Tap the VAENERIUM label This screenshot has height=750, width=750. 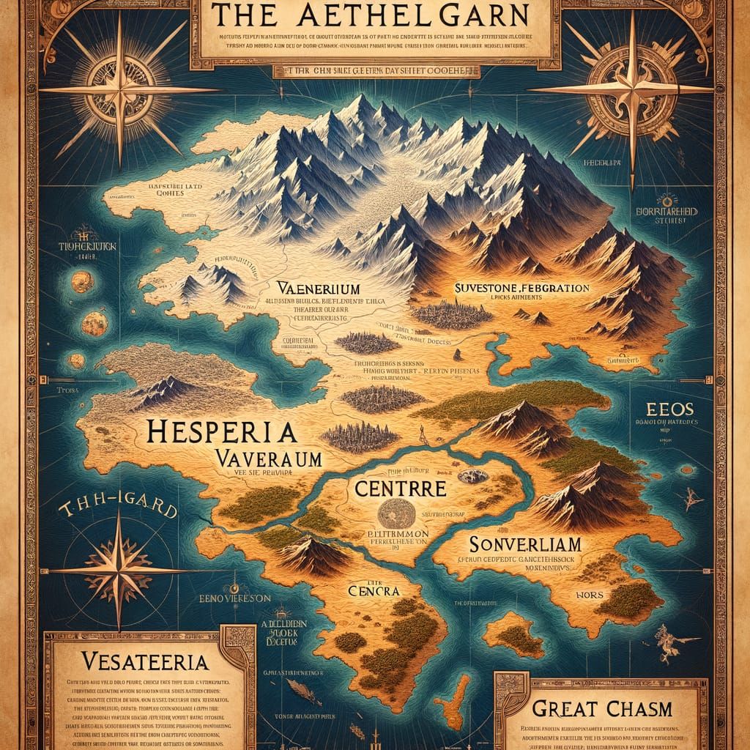(x=314, y=287)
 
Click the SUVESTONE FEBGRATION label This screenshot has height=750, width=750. (x=522, y=289)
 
